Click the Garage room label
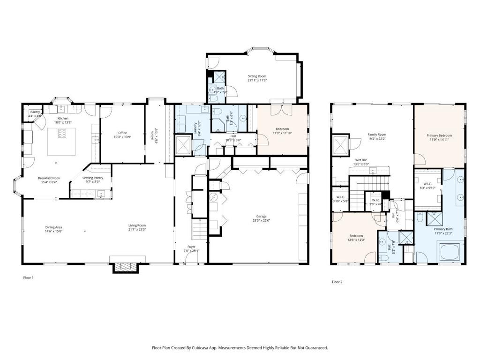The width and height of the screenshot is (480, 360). [x=261, y=216]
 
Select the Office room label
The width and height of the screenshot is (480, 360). [x=122, y=133]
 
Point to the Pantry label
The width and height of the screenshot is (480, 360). [x=35, y=112]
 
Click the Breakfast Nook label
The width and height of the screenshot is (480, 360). [x=49, y=178]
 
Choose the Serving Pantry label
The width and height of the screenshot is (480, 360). [x=93, y=178]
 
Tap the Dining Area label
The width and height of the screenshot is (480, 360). [x=53, y=227]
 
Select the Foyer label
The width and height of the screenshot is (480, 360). [x=191, y=247]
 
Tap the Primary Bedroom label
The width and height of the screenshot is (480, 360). [x=439, y=135]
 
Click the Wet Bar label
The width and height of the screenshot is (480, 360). [x=361, y=160]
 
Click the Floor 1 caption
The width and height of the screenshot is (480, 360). [x=29, y=277]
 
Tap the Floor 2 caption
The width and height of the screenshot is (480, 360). [x=337, y=282]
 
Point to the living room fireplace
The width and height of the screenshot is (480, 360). [x=124, y=267]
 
